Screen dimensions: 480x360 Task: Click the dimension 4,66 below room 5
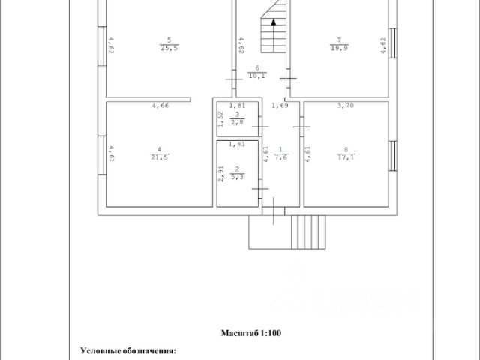(160, 106)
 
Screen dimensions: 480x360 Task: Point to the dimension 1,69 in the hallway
(280, 106)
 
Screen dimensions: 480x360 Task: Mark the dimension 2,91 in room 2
(222, 175)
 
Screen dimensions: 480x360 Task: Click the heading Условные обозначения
(128, 349)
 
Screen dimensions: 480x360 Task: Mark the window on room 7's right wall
(392, 49)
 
